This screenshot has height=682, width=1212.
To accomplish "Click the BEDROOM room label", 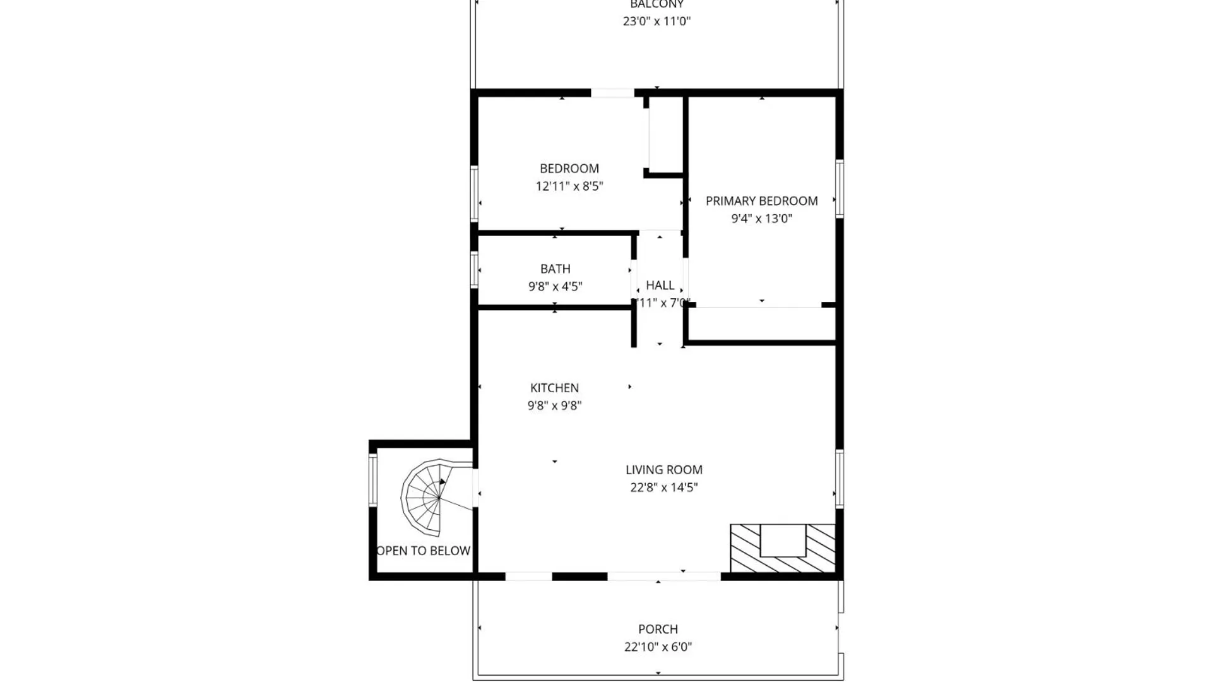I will (x=569, y=169).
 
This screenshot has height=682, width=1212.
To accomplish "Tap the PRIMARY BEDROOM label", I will (x=761, y=201).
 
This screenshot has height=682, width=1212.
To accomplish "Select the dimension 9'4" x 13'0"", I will (x=761, y=218).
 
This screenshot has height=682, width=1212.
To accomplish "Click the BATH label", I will (x=555, y=269).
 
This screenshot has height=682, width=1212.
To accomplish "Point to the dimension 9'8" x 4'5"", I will (x=555, y=287).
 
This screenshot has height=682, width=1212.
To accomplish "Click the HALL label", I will (x=660, y=285).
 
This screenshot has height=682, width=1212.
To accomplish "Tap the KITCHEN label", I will (x=554, y=388).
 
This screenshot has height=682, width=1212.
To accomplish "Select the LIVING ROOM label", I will (x=663, y=470).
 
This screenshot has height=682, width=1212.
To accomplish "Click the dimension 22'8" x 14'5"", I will (x=663, y=488).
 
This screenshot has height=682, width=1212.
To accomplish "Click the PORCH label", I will (x=658, y=630).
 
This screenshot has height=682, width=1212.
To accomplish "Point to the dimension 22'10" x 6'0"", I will (x=658, y=647).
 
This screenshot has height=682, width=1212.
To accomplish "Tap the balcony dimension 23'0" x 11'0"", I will (x=656, y=21).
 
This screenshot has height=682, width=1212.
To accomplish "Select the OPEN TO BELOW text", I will (x=423, y=551).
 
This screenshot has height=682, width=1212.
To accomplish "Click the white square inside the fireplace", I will (x=783, y=540).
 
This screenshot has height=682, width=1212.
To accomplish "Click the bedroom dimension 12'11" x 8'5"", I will (x=569, y=186).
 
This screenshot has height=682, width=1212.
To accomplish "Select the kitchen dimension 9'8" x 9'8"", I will (x=554, y=405).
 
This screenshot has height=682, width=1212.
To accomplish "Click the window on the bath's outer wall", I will (x=474, y=270).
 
